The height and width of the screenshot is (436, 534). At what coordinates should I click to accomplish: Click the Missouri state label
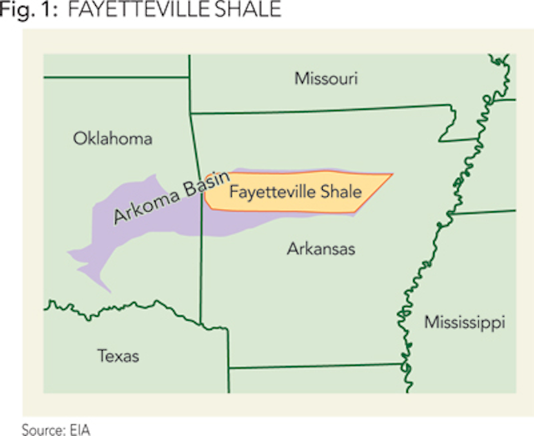coord(326,79)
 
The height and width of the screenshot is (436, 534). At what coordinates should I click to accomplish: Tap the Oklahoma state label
coord(113,138)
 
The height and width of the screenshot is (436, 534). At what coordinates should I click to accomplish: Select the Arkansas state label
coord(320,248)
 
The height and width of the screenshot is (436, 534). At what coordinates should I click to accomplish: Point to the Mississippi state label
coord(464,323)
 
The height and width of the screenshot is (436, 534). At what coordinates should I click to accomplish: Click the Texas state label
coord(118,357)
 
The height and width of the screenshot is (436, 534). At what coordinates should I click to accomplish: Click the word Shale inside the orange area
coord(340,192)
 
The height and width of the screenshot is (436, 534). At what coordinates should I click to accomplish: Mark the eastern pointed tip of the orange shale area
coord(392,174)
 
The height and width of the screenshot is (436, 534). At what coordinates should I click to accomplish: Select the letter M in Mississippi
coord(430,322)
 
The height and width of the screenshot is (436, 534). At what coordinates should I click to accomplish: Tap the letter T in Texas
coord(102,357)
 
